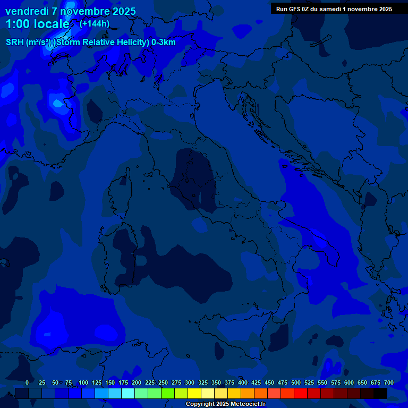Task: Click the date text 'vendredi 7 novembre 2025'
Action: coord(70,11)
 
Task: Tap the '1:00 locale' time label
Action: coord(37,24)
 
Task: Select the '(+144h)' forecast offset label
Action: coord(95,23)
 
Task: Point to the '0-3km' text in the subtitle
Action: coord(164,42)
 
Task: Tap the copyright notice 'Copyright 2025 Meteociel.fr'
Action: coord(225,404)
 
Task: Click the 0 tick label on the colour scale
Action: coord(27,382)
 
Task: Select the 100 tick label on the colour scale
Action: coord(83,382)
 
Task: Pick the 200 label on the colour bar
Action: coord(137,382)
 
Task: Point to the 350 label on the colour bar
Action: coord(216,382)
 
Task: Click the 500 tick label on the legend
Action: coord(296,382)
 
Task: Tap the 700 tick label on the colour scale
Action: coord(389,382)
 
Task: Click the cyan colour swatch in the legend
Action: coord(128,393)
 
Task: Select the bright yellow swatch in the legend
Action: coord(194,393)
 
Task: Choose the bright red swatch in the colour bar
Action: coord(301,393)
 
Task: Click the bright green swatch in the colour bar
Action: coord(168,393)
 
